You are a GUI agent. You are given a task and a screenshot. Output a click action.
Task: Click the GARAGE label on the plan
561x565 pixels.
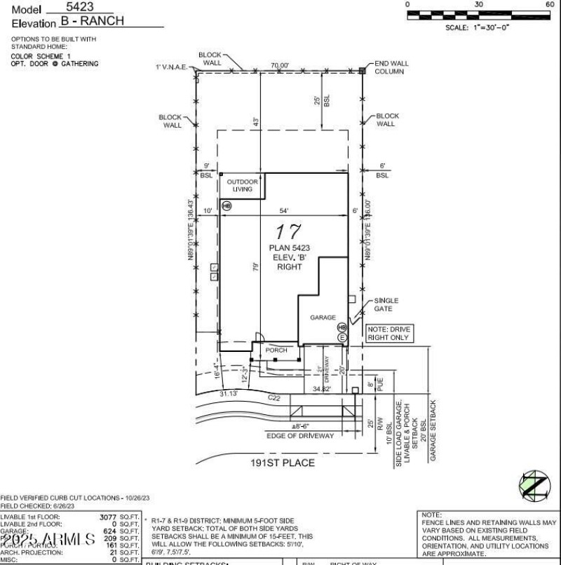pos(323,318)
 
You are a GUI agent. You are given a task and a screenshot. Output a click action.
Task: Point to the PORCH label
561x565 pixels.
pos(276,349)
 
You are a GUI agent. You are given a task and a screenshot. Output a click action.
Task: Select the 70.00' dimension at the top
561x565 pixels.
pos(279,65)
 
